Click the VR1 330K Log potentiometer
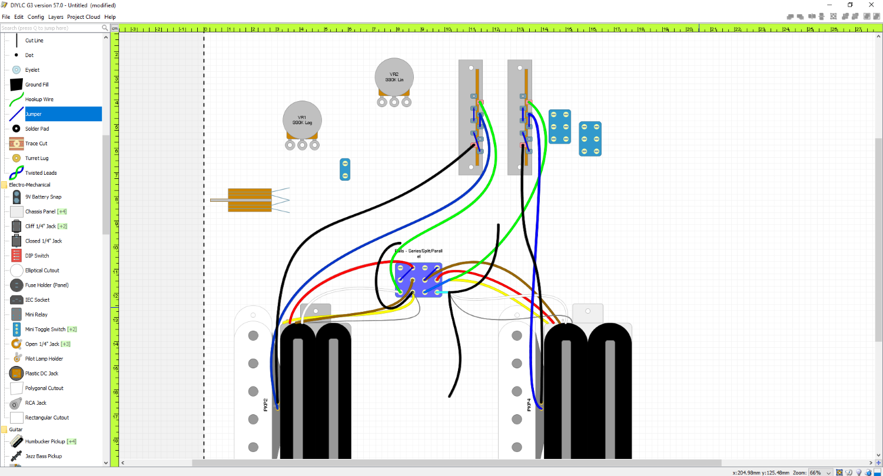pyautogui.click(x=302, y=121)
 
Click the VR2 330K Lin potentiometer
pyautogui.click(x=394, y=77)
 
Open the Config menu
pyautogui.click(x=36, y=17)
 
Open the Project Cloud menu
pyautogui.click(x=84, y=17)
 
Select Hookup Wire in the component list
pyautogui.click(x=39, y=99)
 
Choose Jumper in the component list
pyautogui.click(x=34, y=114)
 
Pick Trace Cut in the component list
pyautogui.click(x=36, y=144)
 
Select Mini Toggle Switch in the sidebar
pyautogui.click(x=45, y=329)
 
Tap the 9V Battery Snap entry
pyautogui.click(x=43, y=197)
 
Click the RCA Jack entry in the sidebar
pyautogui.click(x=35, y=403)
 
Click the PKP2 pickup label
pyautogui.click(x=266, y=405)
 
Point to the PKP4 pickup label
pyautogui.click(x=529, y=405)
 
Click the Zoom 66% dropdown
pyautogui.click(x=821, y=472)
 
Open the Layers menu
pyautogui.click(x=56, y=17)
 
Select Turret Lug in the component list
pyautogui.click(x=36, y=158)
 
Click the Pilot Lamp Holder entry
pyautogui.click(x=44, y=359)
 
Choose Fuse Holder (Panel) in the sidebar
pyautogui.click(x=47, y=285)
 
